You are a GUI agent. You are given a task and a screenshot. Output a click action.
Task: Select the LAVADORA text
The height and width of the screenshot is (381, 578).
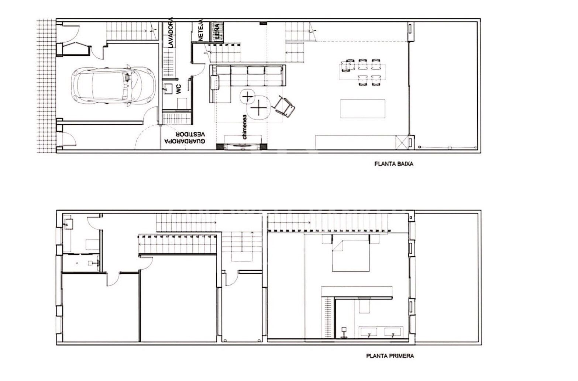point(171,32)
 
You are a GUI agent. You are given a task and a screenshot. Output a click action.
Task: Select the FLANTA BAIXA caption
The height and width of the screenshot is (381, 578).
point(393,164)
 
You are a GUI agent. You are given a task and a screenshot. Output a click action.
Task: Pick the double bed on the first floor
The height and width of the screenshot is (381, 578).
point(351,255)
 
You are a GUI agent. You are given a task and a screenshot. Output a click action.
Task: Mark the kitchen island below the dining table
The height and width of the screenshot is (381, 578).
point(363,109)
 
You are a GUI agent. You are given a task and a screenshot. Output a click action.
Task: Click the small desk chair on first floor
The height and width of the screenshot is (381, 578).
point(344,332)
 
